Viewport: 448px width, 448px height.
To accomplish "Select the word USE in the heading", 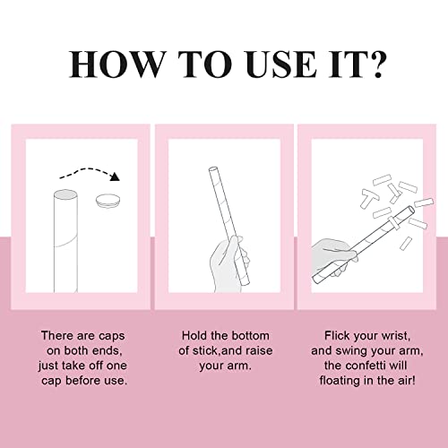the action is click(x=280, y=65).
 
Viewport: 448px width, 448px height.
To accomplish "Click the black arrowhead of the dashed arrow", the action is click(x=115, y=177).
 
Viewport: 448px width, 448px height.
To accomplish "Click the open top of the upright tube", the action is click(x=65, y=194).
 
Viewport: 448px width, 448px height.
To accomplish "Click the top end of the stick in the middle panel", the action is click(x=212, y=169).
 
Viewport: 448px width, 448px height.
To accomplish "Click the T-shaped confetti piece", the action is click(x=368, y=198).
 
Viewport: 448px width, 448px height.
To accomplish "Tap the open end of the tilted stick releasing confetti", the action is click(x=411, y=210).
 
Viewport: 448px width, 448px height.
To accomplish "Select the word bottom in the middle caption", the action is click(x=250, y=335).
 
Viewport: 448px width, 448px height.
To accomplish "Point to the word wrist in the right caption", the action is click(x=396, y=335).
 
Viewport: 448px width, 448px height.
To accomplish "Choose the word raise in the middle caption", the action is click(x=258, y=350).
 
